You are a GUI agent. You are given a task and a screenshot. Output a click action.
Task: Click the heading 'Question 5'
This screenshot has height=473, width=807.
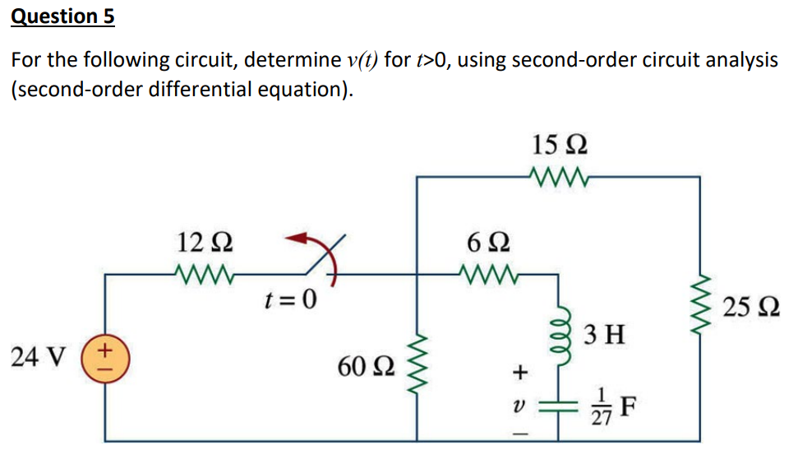(x=62, y=16)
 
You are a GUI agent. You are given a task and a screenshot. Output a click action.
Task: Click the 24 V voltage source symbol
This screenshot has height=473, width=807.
(x=105, y=359)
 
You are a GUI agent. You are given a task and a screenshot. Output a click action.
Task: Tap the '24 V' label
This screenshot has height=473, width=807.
(x=39, y=358)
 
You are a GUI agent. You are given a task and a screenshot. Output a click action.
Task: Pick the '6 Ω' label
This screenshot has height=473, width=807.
(x=488, y=243)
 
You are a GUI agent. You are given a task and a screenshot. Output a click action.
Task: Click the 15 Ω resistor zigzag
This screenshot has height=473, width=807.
(x=559, y=175)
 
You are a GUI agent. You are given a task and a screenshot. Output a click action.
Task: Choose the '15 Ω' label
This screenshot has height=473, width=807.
(x=559, y=146)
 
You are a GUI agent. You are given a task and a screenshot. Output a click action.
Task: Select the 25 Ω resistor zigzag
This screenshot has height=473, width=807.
(x=700, y=311)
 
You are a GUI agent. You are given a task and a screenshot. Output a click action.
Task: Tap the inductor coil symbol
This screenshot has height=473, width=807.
(x=562, y=334)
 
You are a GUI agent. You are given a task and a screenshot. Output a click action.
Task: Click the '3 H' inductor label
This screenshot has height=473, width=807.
(x=605, y=335)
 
